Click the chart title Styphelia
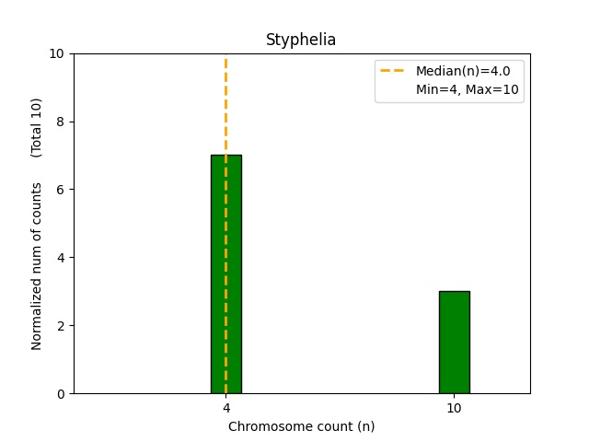(301, 40)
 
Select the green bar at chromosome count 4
(226, 276)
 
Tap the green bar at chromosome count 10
(454, 343)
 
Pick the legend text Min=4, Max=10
(469, 90)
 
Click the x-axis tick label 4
(226, 408)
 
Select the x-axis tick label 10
(454, 408)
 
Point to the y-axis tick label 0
(61, 393)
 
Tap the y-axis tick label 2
(61, 326)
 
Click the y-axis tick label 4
(61, 258)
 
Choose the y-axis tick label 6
(61, 190)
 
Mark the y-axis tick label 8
(61, 122)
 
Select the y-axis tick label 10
(57, 53)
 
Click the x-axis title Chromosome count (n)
(301, 426)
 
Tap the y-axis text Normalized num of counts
(37, 266)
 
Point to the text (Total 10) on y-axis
(37, 127)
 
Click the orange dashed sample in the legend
(394, 71)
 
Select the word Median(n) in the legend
(445, 71)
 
